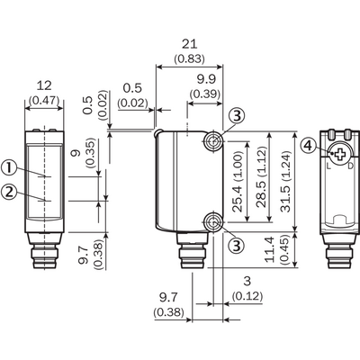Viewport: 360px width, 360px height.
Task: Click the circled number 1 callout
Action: [10, 168]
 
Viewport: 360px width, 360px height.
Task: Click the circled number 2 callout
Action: [10, 192]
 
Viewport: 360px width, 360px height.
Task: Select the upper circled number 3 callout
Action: [237, 115]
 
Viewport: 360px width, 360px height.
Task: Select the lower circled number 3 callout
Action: [237, 246]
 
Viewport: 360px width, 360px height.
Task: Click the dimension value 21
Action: [190, 44]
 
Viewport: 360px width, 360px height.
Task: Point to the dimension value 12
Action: [44, 85]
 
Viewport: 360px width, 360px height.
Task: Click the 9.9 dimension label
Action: [206, 79]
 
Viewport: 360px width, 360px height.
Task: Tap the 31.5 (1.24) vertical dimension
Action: [286, 182]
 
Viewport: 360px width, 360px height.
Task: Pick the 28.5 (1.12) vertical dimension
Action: [262, 177]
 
